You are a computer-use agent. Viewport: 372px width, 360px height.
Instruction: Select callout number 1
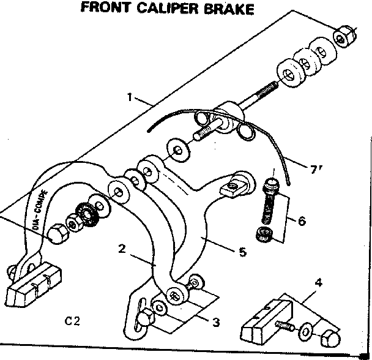click(130, 97)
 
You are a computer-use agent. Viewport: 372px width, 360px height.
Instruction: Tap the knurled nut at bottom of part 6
click(265, 234)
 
